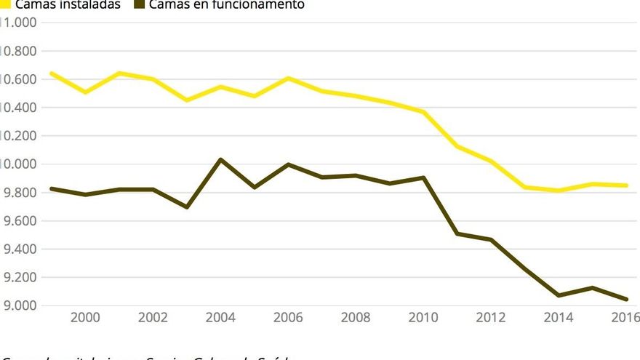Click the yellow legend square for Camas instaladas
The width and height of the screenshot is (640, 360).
[x=5, y=4]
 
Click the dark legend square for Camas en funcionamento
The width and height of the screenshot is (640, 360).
[x=138, y=4]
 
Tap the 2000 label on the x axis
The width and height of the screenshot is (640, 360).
[x=85, y=317]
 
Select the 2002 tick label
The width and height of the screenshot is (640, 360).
[x=153, y=317]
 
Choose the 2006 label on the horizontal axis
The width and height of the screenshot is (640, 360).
[x=289, y=317]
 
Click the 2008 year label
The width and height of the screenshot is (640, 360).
[x=356, y=317]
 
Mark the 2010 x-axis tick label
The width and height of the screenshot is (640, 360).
[x=424, y=317]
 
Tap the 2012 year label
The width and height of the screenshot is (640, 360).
[x=492, y=317]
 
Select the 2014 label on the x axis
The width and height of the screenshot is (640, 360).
[x=559, y=317]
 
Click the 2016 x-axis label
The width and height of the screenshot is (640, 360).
[x=625, y=317]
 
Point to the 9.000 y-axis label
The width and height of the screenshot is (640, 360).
[x=20, y=305]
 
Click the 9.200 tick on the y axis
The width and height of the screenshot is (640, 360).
[x=20, y=277]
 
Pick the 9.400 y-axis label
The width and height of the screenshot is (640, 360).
[x=20, y=249]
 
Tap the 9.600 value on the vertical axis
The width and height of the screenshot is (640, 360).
[x=20, y=220]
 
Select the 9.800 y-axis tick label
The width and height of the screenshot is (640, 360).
[x=20, y=192]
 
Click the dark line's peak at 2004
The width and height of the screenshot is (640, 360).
[x=221, y=159]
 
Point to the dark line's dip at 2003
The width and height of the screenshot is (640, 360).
[x=187, y=207]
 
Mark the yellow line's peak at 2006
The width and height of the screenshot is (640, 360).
[x=289, y=78]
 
